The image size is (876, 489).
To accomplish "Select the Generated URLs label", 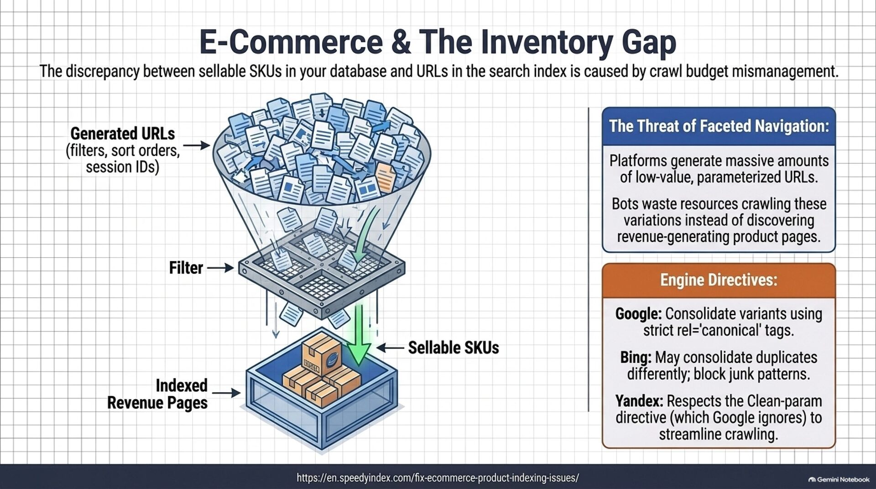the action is pyautogui.click(x=123, y=134).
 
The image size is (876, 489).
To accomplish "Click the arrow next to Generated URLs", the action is pyautogui.click(x=197, y=146).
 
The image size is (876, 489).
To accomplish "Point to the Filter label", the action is pyautogui.click(x=186, y=268).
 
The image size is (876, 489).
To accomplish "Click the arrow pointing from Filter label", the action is pyautogui.click(x=220, y=268).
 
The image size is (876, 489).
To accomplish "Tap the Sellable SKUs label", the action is pyautogui.click(x=454, y=348).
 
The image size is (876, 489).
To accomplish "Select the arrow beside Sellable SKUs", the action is pyautogui.click(x=391, y=348).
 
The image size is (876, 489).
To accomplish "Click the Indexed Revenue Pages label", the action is pyautogui.click(x=157, y=394).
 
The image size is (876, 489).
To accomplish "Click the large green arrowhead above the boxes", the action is pyautogui.click(x=359, y=354).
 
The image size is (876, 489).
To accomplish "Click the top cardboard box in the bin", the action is pyautogui.click(x=321, y=354).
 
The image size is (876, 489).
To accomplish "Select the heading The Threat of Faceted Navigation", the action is pyautogui.click(x=719, y=126).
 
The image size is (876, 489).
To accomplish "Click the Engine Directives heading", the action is pyautogui.click(x=719, y=280).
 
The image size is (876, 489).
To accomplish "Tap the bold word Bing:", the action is pyautogui.click(x=636, y=357).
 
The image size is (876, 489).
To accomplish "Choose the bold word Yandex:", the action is pyautogui.click(x=639, y=401).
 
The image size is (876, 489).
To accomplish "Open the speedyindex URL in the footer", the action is pyautogui.click(x=438, y=478).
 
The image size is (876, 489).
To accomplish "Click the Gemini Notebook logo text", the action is pyautogui.click(x=839, y=479).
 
